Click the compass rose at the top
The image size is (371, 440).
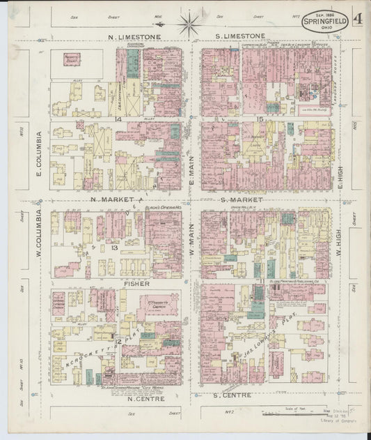click(188, 24)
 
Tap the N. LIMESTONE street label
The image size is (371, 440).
click(134, 36)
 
